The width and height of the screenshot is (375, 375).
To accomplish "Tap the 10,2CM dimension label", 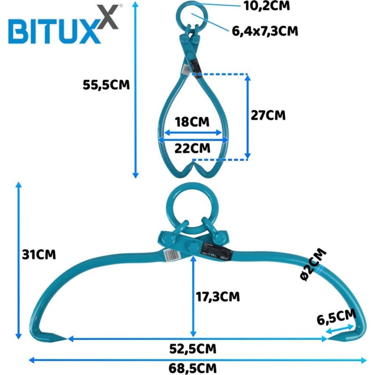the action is coord(267,6).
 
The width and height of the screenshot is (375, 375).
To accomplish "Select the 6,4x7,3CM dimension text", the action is coord(265,31).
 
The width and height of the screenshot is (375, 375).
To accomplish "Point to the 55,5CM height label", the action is coord(106,85).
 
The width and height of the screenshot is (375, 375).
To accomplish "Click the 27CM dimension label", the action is coord(268,115).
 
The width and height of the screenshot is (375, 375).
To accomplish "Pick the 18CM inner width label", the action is coord(192,122).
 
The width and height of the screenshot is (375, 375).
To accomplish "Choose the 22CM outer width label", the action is coord(192,148).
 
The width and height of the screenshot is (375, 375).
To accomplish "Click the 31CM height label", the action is coord(39,255).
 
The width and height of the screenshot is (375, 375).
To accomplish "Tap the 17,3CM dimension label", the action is coord(218,297).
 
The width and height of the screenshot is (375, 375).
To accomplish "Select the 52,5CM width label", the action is coord(193,349).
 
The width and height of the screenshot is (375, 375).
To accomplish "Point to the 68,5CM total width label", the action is coord(193,368).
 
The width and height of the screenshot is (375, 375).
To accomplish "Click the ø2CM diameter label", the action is coord(313,264).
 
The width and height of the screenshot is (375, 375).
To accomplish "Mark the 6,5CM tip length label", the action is coord(337,317).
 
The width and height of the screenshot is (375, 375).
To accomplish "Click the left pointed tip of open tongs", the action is coord(67,338).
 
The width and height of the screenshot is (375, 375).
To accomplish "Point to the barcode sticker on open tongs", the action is coord(172,255).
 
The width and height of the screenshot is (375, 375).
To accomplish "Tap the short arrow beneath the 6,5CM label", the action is coord(340,330).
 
